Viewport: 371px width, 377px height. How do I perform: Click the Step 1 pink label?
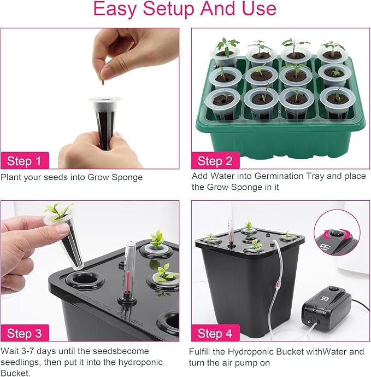24,161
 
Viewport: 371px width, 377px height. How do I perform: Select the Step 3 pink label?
24,333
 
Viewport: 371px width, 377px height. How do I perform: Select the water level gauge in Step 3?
131,274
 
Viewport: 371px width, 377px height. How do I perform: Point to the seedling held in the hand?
60,211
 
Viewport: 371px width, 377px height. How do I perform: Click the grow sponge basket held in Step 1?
103,123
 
